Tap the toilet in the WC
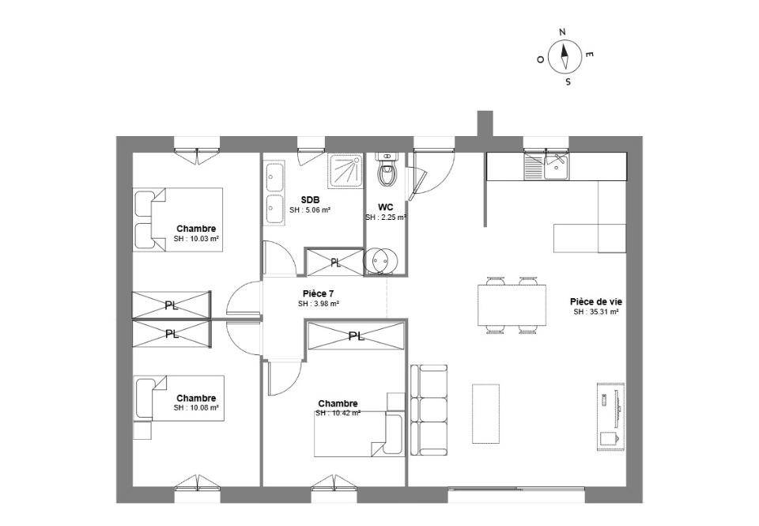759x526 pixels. click(387, 173)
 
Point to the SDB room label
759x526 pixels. click(310, 200)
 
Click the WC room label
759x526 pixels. click(385, 207)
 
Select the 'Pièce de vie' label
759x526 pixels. click(595, 301)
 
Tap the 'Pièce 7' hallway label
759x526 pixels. click(319, 293)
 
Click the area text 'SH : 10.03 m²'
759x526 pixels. click(197, 238)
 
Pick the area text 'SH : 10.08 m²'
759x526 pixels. click(196, 408)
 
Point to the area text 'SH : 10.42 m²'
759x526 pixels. click(338, 413)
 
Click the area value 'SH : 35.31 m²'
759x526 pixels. click(595, 312)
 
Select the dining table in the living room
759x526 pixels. click(511, 305)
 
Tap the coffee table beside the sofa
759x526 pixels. click(485, 413)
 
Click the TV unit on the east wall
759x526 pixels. click(610, 415)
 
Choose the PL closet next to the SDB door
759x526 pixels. click(334, 262)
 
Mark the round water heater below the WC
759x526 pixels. click(379, 260)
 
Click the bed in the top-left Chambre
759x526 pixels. click(178, 219)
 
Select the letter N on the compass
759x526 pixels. click(562, 32)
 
